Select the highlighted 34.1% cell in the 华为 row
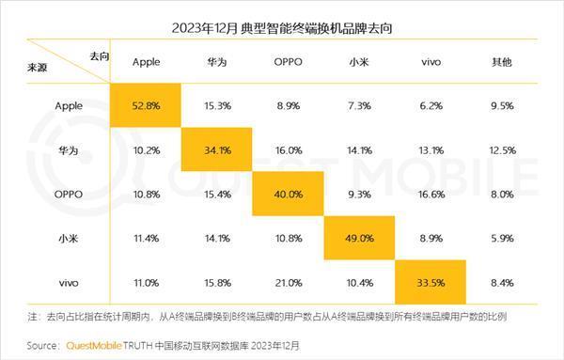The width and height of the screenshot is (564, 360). [x=217, y=149]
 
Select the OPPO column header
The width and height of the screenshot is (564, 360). [x=288, y=61]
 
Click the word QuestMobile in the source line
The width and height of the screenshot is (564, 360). [x=91, y=345]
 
